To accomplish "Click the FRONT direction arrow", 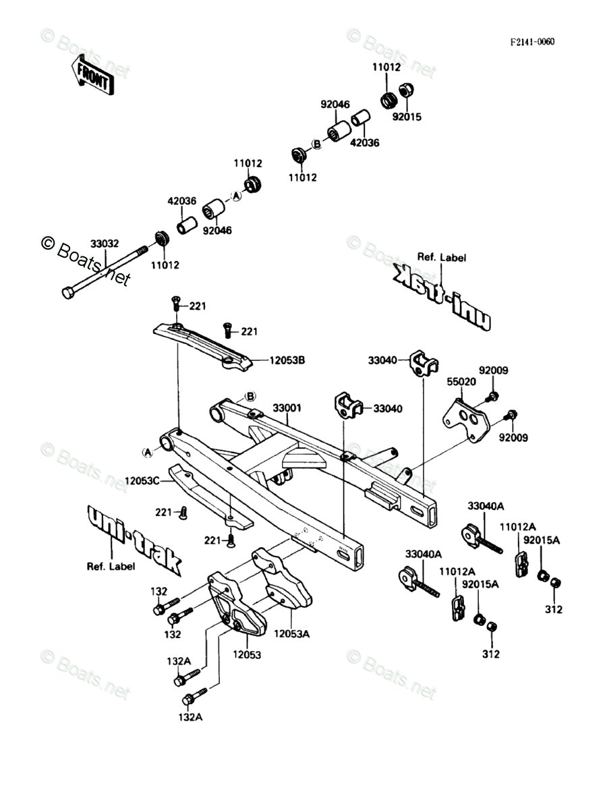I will [92, 76].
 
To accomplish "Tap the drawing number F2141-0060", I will [532, 42].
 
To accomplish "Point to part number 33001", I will [287, 408].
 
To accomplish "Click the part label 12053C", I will [142, 481].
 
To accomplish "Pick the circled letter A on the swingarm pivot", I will [147, 451].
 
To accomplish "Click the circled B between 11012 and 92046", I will [315, 142].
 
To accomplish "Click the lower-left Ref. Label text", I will [111, 566].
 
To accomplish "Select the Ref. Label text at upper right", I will [441, 257].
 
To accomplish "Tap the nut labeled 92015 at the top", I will [407, 90].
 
